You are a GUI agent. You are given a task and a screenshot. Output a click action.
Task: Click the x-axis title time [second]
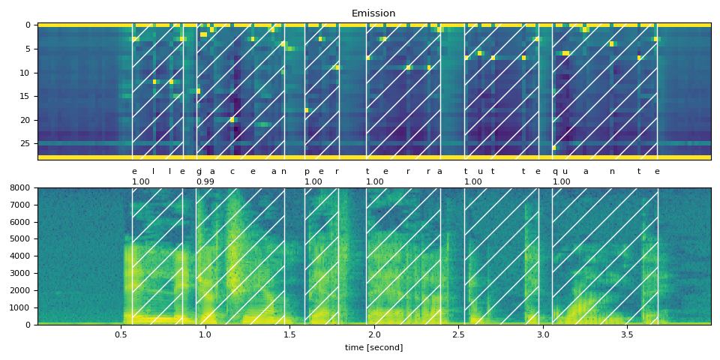pyautogui.click(x=373, y=347)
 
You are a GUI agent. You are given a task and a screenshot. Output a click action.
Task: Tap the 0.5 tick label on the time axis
pyautogui.click(x=121, y=334)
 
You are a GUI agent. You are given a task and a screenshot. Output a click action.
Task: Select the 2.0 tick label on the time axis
pyautogui.click(x=374, y=334)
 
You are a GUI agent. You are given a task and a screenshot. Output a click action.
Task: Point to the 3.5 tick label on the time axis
pyautogui.click(x=627, y=334)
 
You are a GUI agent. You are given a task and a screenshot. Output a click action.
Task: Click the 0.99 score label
pyautogui.click(x=205, y=181)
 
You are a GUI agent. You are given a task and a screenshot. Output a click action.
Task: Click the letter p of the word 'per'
pyautogui.click(x=307, y=172)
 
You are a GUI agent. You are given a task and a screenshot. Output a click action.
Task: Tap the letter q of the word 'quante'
pyautogui.click(x=555, y=172)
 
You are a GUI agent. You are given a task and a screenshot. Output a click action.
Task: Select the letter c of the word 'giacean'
pyautogui.click(x=232, y=171)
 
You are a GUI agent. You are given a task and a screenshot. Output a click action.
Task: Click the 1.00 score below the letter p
pyautogui.click(x=313, y=181)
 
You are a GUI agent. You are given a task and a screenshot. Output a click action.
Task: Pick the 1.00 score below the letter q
pyautogui.click(x=561, y=181)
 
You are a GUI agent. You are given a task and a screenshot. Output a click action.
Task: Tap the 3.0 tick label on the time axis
pyautogui.click(x=543, y=334)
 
